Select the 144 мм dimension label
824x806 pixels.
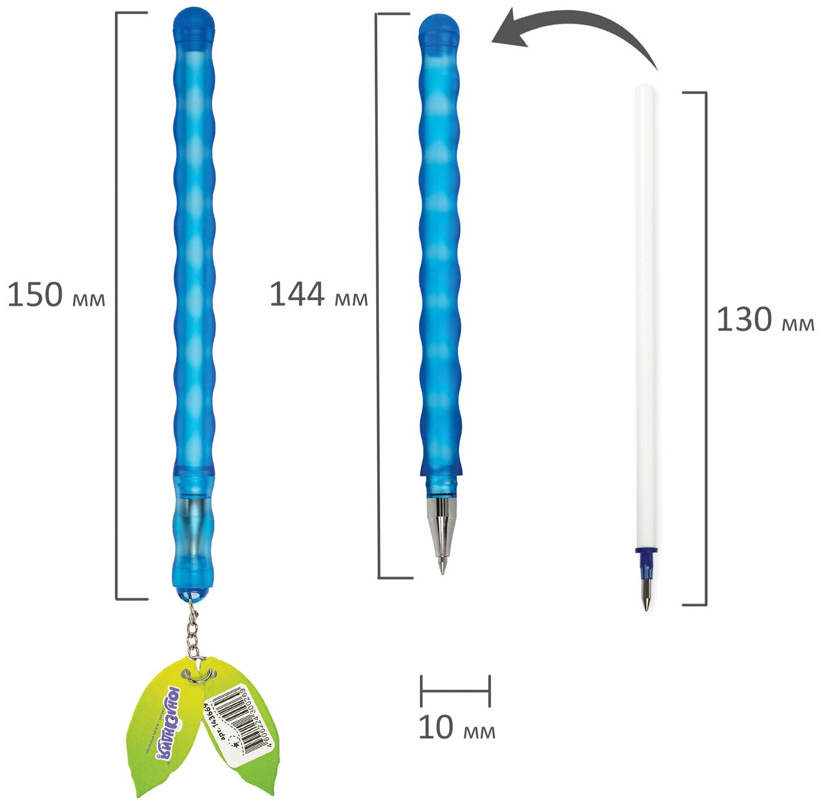click(x=318, y=295)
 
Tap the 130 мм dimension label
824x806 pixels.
click(x=765, y=320)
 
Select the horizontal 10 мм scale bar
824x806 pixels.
click(x=455, y=691)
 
